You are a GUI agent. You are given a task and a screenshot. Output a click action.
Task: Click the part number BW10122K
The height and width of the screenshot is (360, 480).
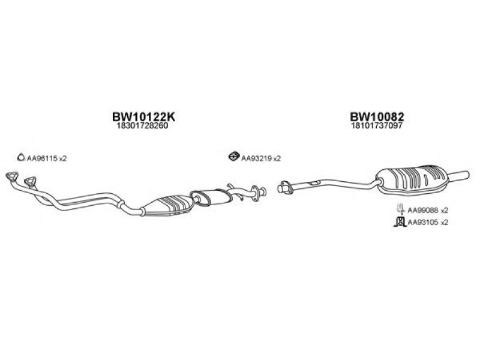point(143,116)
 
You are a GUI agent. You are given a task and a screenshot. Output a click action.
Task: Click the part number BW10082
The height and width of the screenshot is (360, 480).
point(377,116)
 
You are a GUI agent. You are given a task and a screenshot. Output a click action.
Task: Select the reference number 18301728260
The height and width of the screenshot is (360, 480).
point(142,125)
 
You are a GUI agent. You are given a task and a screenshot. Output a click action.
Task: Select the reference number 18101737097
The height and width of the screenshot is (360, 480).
point(377,125)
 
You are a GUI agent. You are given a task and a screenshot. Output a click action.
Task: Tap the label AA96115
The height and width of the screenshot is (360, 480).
point(42,158)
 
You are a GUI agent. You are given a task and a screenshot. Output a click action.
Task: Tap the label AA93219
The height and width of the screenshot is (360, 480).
point(257,158)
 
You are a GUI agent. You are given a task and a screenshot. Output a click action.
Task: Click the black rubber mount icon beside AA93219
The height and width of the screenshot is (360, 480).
point(233,156)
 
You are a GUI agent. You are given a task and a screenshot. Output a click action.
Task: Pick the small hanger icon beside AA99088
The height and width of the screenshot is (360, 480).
point(400,208)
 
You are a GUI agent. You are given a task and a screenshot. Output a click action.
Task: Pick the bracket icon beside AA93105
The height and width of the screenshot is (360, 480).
point(400,221)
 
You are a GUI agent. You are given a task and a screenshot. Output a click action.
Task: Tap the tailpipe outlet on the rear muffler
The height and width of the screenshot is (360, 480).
point(459,176)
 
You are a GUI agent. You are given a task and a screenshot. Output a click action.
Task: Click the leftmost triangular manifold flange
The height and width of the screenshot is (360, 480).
point(12,176)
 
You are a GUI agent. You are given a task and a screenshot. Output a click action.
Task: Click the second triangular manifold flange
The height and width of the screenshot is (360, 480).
point(30,181)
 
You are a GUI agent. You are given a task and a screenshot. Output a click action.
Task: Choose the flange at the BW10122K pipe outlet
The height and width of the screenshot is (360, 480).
point(259,193)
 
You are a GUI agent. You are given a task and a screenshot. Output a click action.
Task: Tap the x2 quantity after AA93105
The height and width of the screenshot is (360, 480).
point(444,223)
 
